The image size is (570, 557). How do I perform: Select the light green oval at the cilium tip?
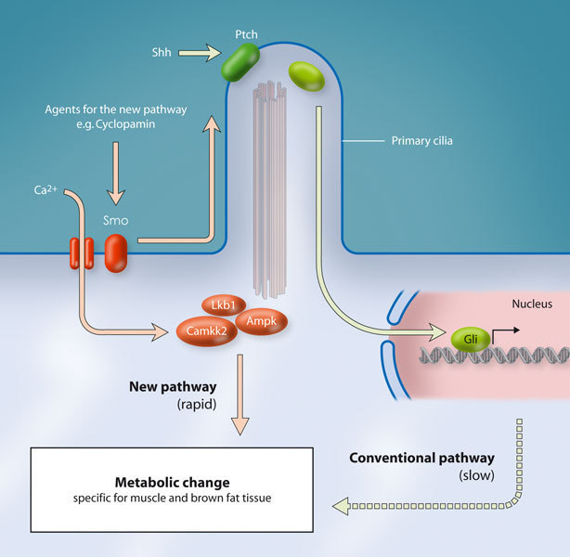pyautogui.click(x=306, y=76)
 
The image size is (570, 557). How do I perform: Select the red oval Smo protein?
pyautogui.click(x=115, y=253)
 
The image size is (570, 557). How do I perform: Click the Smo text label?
pyautogui.click(x=116, y=222)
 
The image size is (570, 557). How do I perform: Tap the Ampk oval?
pyautogui.click(x=261, y=321)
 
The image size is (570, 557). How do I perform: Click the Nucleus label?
pyautogui.click(x=532, y=304)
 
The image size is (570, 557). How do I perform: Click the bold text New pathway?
pyautogui.click(x=174, y=385)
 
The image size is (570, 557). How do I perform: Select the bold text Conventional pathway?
pyautogui.click(x=421, y=458)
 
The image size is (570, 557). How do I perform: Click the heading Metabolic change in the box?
pyautogui.click(x=172, y=483)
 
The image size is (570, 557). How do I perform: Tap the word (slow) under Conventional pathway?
pyautogui.click(x=477, y=475)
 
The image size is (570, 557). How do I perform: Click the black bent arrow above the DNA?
pyautogui.click(x=501, y=332)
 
